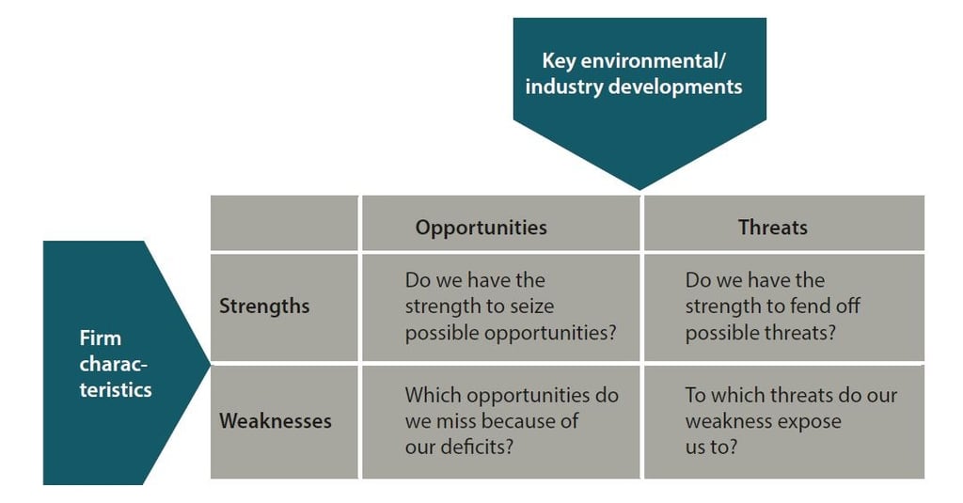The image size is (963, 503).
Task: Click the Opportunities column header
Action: (481, 228)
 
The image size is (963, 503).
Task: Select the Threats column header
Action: (773, 228)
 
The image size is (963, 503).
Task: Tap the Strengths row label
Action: (264, 306)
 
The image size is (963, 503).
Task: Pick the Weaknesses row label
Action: (276, 420)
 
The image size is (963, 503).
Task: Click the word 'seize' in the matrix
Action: (532, 306)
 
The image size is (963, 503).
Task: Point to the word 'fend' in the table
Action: (813, 306)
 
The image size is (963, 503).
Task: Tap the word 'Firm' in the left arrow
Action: (100, 338)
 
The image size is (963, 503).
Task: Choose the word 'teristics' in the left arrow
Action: (116, 390)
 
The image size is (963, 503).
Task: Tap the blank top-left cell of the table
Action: (284, 223)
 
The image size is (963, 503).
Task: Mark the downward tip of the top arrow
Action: (639, 189)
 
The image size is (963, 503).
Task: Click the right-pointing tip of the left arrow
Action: (210, 364)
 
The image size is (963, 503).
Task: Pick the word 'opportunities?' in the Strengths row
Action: (549, 333)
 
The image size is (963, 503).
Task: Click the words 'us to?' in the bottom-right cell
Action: (711, 447)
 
